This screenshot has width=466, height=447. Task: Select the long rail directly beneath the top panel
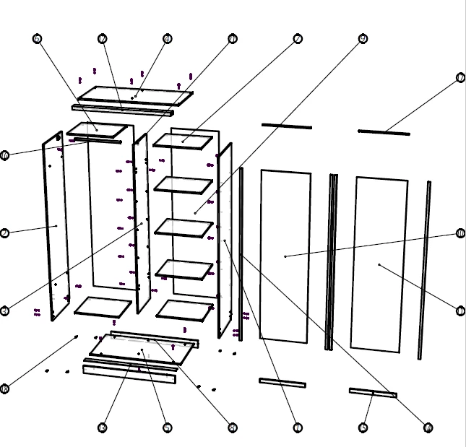pyautogui.click(x=123, y=110)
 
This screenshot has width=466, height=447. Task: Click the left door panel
pyautogui.click(x=285, y=256)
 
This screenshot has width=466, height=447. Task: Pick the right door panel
pyautogui.click(x=379, y=265)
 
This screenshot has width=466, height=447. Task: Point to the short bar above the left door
pyautogui.click(x=286, y=126)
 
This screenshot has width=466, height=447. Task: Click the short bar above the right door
pyautogui.click(x=384, y=132)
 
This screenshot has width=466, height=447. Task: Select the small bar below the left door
pyautogui.click(x=282, y=382)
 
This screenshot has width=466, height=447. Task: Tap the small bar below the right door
pyautogui.click(x=373, y=393)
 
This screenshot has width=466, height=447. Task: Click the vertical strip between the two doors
pyautogui.click(x=332, y=260)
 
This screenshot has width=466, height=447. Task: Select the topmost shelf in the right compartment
pyautogui.click(x=179, y=139)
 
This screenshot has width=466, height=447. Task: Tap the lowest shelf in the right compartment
pyautogui.click(x=184, y=310)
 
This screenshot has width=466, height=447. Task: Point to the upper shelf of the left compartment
pyautogui.click(x=96, y=131)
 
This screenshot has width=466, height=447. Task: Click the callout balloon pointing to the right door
pyautogui.click(x=461, y=311)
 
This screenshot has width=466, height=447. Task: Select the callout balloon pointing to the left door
pyautogui.click(x=461, y=233)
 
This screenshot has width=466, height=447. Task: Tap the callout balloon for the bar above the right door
pyautogui.click(x=461, y=78)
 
